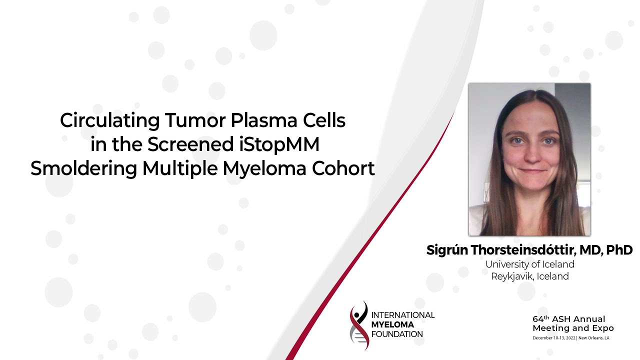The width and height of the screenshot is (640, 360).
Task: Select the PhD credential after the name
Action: pos(620,250)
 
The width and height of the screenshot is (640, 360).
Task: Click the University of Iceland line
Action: pos(530,264)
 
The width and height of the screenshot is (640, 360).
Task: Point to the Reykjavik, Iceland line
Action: pos(530,276)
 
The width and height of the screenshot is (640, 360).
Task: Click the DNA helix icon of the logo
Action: pos(359,325)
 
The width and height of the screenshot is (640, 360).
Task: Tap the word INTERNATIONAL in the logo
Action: pos(403,315)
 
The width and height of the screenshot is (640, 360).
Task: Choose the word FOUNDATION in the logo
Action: pos(397,334)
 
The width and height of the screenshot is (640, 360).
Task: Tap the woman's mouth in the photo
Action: pos(532,171)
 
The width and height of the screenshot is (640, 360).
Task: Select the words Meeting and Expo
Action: pos(573,328)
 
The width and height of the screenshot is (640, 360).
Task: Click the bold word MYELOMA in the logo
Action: pos(392,324)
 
